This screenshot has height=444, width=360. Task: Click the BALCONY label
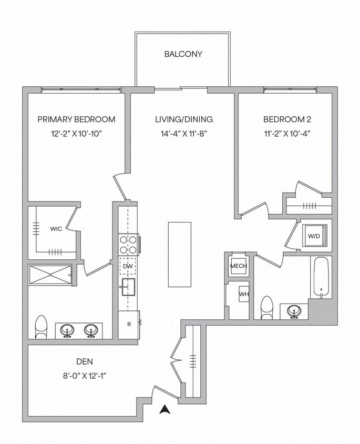pos(183,54)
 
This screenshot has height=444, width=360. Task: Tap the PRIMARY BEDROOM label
pos(76,119)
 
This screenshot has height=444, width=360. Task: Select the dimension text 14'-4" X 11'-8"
pos(183,134)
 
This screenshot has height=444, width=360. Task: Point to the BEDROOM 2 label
pos(284,119)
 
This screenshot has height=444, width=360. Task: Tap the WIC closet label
pos(56,229)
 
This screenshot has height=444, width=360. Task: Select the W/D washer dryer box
pos(314,236)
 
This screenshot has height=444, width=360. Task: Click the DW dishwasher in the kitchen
pos(128,266)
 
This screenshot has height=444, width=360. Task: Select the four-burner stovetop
pos(128,245)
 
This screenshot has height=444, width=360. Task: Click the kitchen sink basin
pos(128,287)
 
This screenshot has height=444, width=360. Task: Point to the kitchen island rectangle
pos(180,255)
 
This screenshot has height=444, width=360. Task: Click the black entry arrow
pos(165,409)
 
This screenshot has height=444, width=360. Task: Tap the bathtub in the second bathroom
pos(321,277)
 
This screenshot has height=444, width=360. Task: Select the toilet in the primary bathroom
pos(41,326)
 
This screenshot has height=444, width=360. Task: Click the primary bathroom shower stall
pos(50,275)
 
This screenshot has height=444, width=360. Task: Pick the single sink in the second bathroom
pos(294,312)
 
